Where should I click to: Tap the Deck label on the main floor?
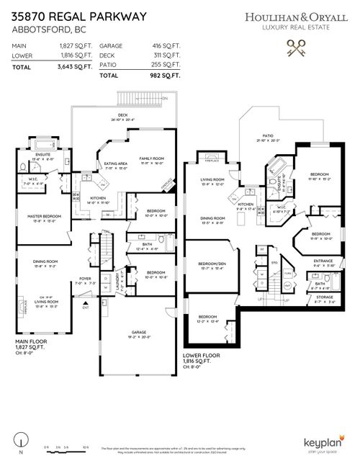(123, 114)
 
